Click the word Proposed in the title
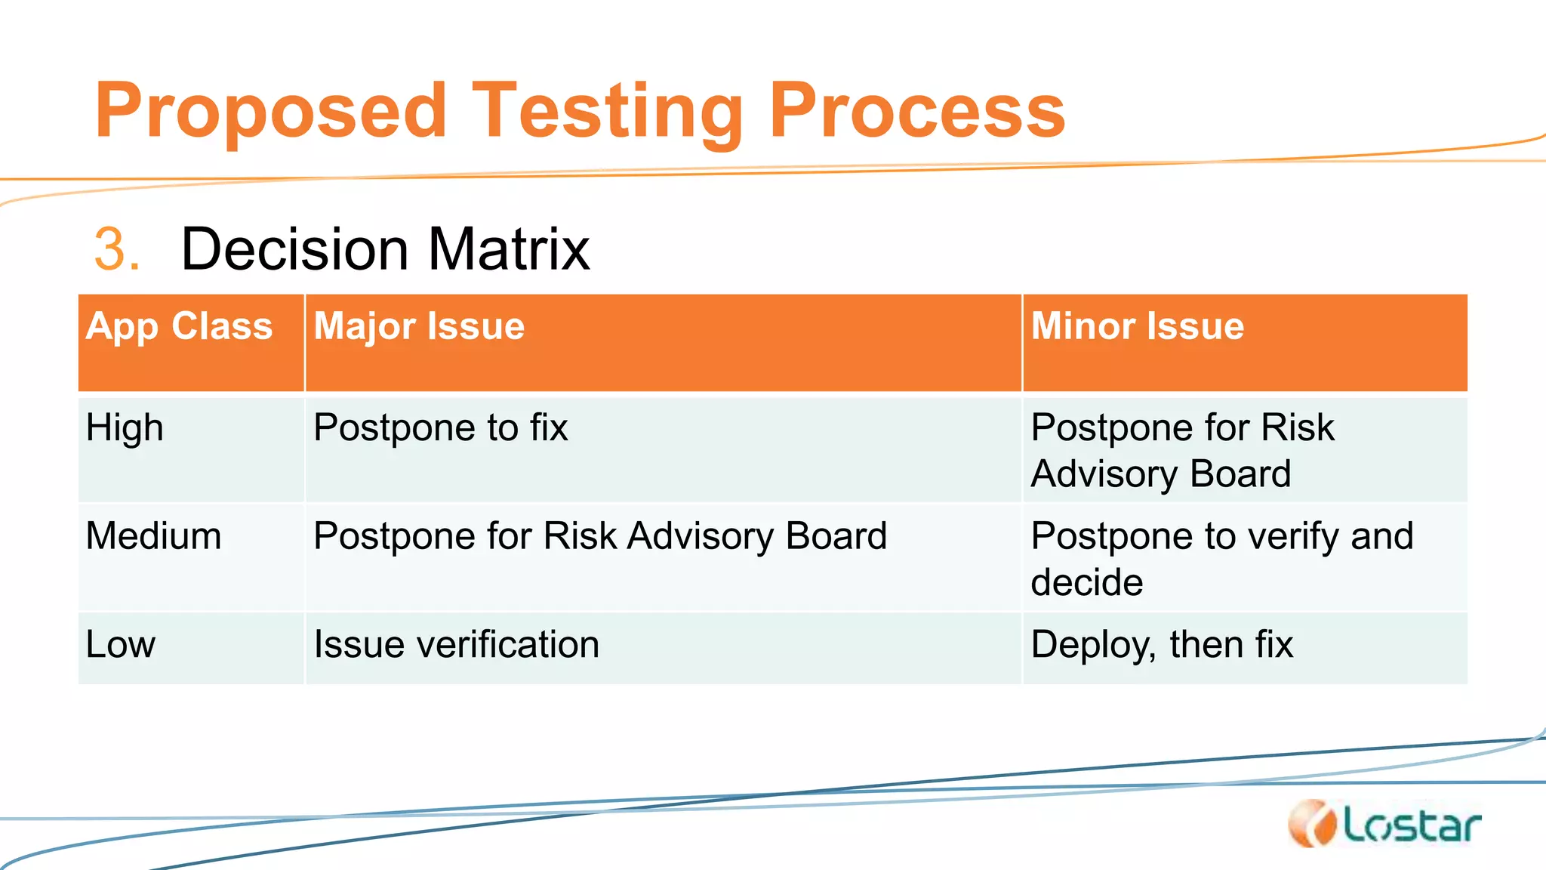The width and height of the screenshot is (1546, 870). pyautogui.click(x=270, y=112)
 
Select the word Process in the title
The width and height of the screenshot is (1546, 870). pyautogui.click(x=916, y=112)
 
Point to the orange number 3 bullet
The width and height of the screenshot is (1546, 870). pyautogui.click(x=115, y=249)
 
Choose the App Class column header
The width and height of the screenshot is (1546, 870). pyautogui.click(x=179, y=327)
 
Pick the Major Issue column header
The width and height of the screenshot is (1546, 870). pyautogui.click(x=419, y=327)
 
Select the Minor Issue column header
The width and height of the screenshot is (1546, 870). pyautogui.click(x=1137, y=327)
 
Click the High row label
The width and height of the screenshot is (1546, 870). pyautogui.click(x=125, y=428)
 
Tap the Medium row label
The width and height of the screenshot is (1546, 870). pyautogui.click(x=153, y=536)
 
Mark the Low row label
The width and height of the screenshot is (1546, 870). pyautogui.click(x=121, y=645)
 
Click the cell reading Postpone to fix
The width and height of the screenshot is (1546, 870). pyautogui.click(x=440, y=428)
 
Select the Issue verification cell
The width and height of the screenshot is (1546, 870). pyautogui.click(x=456, y=645)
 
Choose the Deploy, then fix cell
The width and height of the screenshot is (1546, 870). pyautogui.click(x=1162, y=645)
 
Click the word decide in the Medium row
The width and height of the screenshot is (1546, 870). pyautogui.click(x=1086, y=583)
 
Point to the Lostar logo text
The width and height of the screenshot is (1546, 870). pyautogui.click(x=1412, y=825)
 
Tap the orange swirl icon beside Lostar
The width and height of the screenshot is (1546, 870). pyautogui.click(x=1313, y=824)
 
